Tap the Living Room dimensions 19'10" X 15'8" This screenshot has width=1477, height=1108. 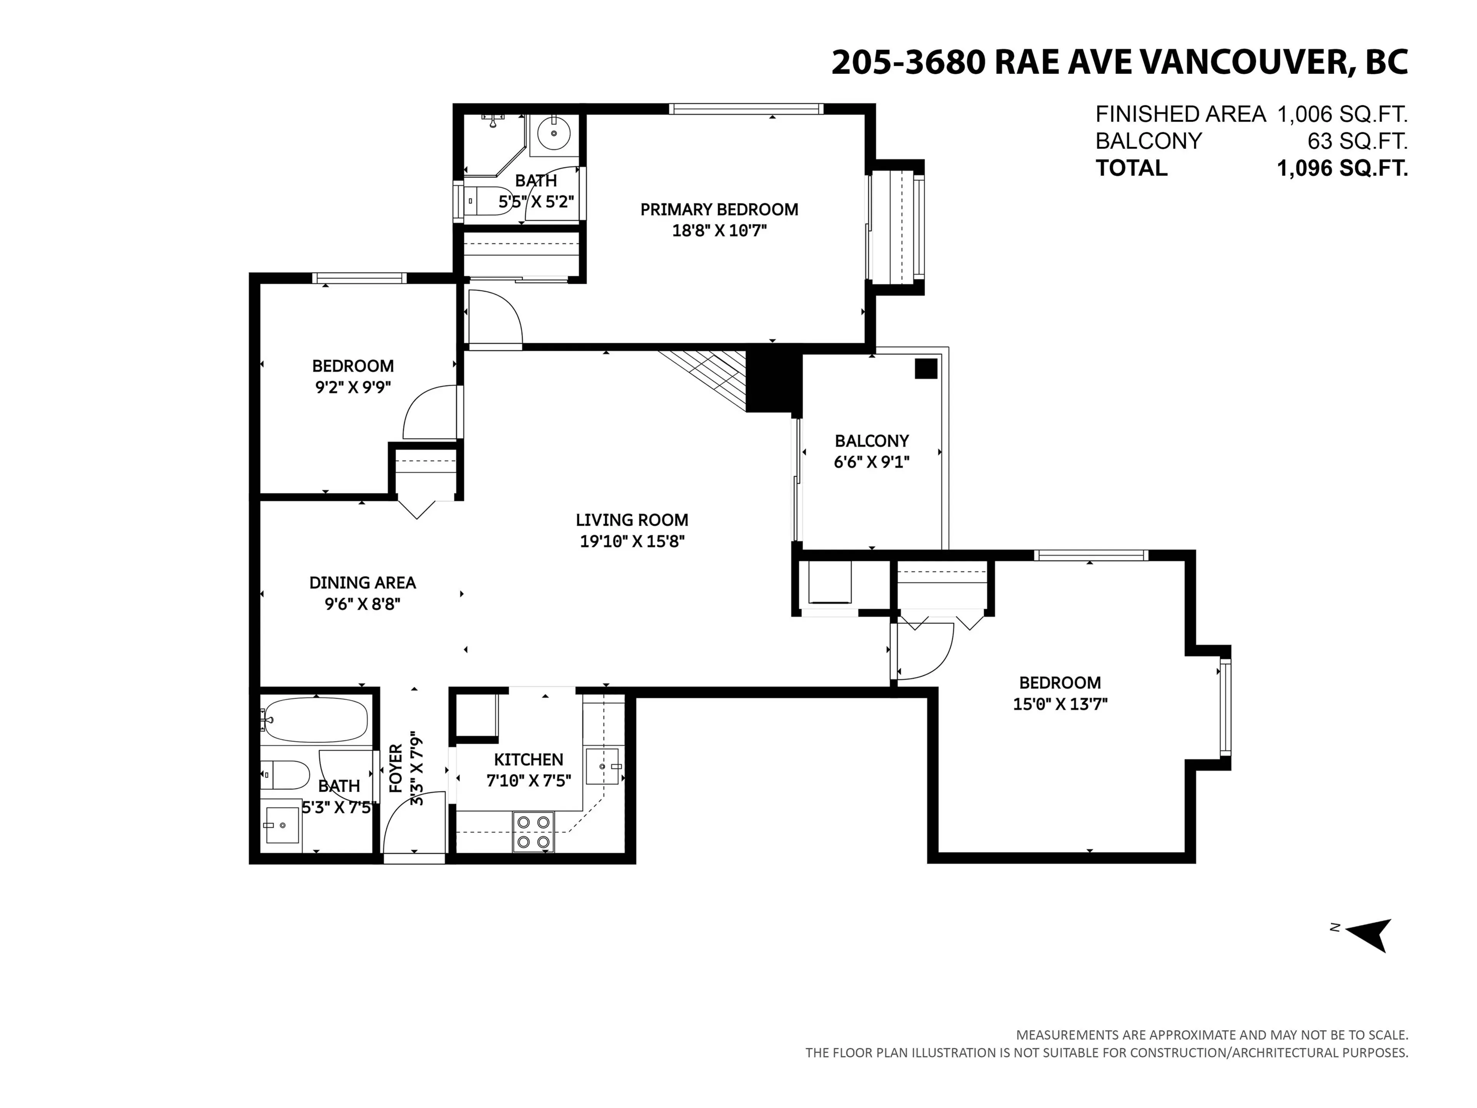coord(632,541)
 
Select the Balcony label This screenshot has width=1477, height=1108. coord(871,441)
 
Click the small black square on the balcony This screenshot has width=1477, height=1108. coord(925,369)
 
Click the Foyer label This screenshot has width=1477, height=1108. coord(396,768)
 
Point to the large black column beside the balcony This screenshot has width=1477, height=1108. coord(773,381)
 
